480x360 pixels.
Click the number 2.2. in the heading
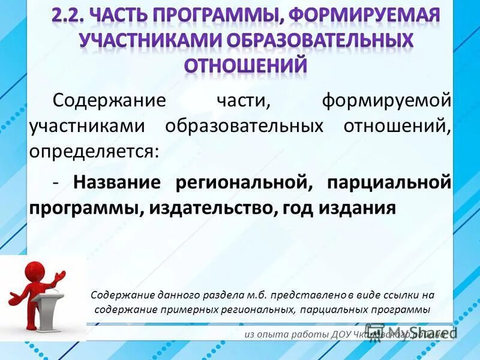[71, 14]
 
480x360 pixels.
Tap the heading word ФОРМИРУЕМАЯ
[368, 14]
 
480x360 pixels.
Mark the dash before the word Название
[55, 182]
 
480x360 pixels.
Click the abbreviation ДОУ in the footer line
[344, 334]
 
